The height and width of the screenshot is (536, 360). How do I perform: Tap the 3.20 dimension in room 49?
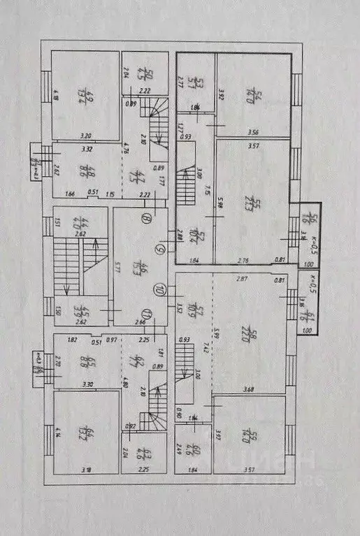tap(86, 136)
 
